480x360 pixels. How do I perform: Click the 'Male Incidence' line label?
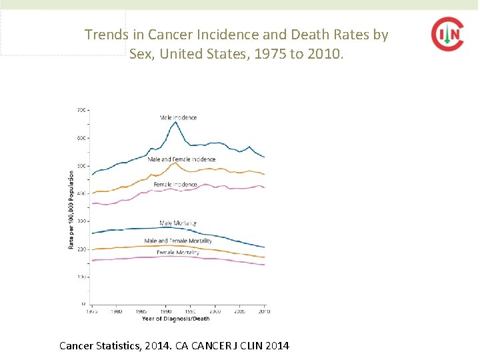click(178, 117)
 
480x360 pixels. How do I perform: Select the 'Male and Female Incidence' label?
click(181, 159)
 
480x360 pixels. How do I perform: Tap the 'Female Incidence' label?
click(175, 184)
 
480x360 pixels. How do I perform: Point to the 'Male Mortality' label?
click(178, 223)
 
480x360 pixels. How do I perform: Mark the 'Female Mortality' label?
click(178, 253)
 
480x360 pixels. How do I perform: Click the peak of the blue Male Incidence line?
click(175, 122)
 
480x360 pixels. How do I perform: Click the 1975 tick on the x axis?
click(92, 311)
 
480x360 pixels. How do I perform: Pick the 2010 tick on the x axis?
click(264, 311)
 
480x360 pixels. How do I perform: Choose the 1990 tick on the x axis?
click(166, 311)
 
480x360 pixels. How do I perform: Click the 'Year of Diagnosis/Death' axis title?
click(175, 319)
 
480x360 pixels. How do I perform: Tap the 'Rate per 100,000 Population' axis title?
click(71, 210)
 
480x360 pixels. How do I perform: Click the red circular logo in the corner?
click(447, 34)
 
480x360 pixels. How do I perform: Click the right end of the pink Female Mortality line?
click(264, 265)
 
